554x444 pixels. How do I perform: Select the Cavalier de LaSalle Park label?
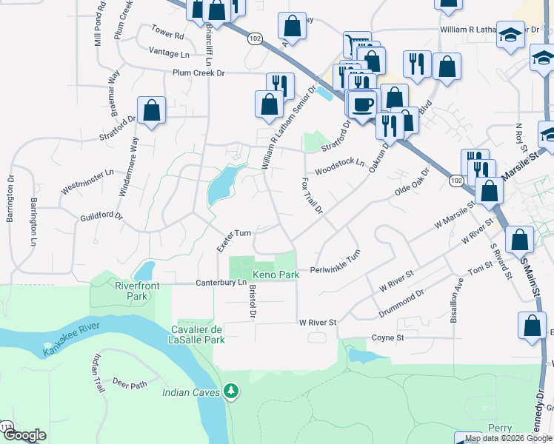click(x=197, y=334)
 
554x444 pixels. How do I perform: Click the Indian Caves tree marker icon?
click(x=232, y=390)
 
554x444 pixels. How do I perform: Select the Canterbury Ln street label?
click(x=221, y=283)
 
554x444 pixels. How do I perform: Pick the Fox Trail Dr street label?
click(x=312, y=195)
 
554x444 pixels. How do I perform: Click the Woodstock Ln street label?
click(x=340, y=166)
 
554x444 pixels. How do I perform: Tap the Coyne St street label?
click(x=387, y=337)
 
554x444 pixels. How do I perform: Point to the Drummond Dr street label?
click(x=401, y=303)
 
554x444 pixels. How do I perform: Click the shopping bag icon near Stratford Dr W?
click(x=152, y=111)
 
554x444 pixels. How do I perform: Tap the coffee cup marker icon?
click(x=362, y=104)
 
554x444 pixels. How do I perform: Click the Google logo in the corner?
click(x=24, y=435)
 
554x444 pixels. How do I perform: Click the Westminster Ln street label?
click(x=87, y=182)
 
